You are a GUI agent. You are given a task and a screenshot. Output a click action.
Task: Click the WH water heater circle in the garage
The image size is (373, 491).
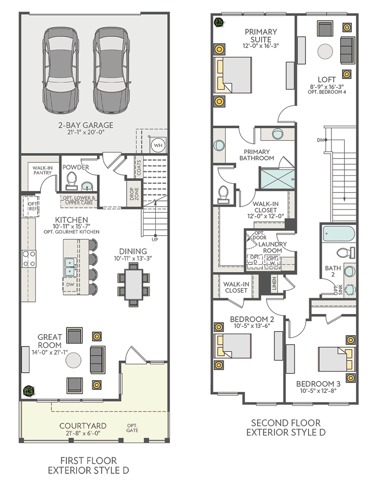(x=158, y=145)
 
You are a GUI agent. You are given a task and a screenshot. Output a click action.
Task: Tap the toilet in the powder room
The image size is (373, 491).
(x=72, y=181)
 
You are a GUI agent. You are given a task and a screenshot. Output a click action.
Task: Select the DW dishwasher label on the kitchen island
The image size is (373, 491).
(x=70, y=284)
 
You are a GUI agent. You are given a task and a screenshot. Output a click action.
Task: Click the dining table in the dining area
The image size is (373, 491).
(x=134, y=284)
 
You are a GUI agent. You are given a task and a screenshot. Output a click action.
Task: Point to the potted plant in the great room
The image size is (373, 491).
(x=29, y=391)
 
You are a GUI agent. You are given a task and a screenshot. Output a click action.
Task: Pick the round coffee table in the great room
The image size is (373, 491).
(x=73, y=360)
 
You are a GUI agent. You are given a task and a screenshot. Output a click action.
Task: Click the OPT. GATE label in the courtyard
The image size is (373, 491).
(x=132, y=428)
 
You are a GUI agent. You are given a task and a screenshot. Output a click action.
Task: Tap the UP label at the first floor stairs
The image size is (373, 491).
(x=155, y=240)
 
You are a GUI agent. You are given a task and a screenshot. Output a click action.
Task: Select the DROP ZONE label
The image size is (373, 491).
(x=134, y=194)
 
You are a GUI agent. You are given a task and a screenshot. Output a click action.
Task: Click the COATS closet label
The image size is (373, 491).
(x=139, y=167)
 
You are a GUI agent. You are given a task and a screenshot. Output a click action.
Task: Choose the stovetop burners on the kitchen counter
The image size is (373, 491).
(x=29, y=259)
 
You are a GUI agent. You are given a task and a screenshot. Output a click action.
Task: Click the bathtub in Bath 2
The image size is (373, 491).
(x=339, y=233)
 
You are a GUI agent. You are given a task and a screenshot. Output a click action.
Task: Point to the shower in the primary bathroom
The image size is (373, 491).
(x=277, y=179)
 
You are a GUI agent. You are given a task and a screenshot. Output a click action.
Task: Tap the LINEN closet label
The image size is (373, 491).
(x=274, y=283)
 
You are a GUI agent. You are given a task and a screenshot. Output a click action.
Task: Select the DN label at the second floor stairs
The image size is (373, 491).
(x=320, y=140)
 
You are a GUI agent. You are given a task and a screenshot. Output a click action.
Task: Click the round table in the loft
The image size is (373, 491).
(x=325, y=51)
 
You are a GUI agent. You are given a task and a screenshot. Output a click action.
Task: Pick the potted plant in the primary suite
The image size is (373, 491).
(x=219, y=22)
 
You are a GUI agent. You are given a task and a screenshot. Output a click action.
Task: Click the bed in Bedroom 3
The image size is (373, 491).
(x=337, y=359)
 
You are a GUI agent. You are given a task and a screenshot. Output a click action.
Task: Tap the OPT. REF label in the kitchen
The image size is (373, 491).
(x=32, y=206)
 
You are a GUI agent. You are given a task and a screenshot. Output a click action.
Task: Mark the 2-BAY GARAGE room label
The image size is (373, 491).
(x=86, y=125)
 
